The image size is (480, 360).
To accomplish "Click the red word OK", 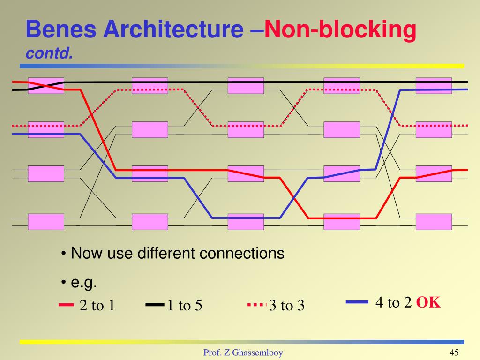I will [428, 302].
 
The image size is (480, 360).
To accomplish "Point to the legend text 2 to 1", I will [97, 306].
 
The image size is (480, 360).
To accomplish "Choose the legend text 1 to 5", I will [185, 306].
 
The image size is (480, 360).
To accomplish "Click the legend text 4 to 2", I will [393, 303].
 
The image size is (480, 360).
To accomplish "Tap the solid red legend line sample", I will [67, 305].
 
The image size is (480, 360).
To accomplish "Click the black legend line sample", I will [154, 305].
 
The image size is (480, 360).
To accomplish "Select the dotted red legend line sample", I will [256, 305].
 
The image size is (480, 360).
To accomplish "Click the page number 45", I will [453, 352].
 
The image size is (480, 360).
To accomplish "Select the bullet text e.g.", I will [84, 283].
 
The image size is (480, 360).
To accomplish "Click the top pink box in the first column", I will [46, 86].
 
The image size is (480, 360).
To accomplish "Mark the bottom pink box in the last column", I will [434, 222].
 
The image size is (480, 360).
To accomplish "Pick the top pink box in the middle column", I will [246, 86].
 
